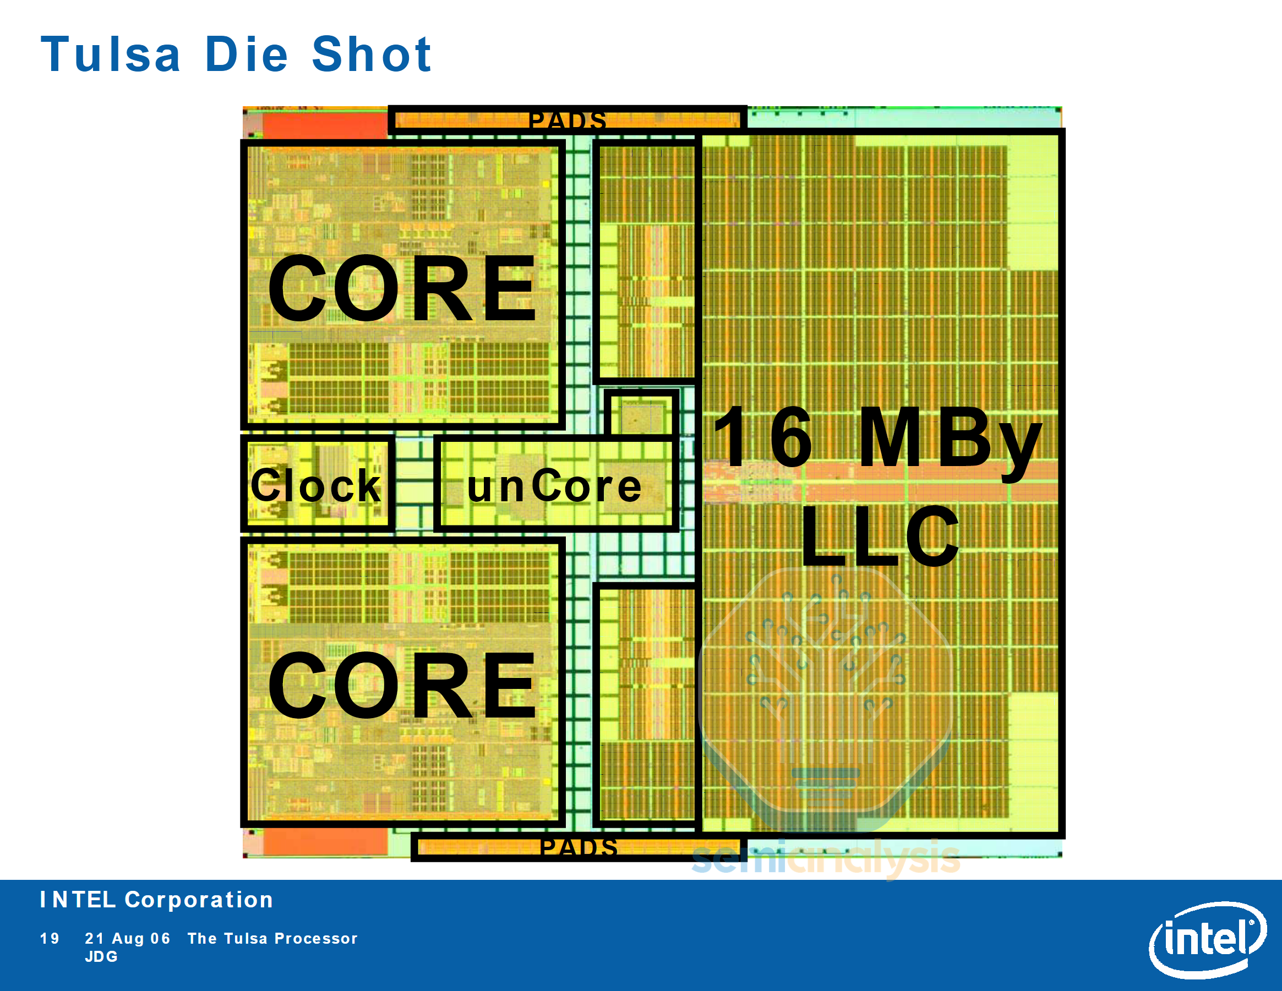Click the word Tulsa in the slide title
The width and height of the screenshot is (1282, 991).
[x=110, y=54]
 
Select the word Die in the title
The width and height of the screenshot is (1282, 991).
[x=247, y=54]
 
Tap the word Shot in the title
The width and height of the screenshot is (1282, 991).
[x=372, y=54]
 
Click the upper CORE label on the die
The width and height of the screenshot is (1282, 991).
[x=402, y=289]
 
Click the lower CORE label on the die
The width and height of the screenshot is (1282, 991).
[x=402, y=686]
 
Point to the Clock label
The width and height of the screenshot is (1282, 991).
[x=316, y=486]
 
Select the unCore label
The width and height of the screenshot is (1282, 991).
[x=554, y=487]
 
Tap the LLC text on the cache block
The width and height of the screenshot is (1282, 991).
[x=879, y=537]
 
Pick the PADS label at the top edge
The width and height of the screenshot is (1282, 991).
[x=567, y=121]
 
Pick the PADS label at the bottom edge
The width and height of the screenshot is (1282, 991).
[x=578, y=847]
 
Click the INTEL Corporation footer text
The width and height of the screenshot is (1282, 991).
[x=156, y=900]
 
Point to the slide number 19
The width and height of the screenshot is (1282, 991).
[x=50, y=938]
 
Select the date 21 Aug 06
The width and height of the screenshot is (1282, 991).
[x=127, y=938]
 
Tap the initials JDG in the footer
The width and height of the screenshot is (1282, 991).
[x=101, y=956]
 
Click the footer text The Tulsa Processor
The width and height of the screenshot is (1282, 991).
[x=272, y=938]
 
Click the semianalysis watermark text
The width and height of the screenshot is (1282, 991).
[x=825, y=858]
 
